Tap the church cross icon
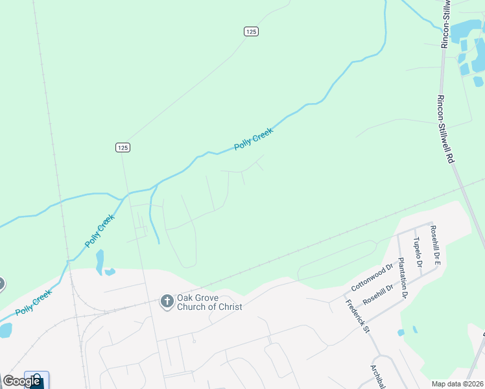tap(167, 301)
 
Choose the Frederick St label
tap(357, 316)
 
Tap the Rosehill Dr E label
tap(436, 244)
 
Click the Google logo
tap(22, 381)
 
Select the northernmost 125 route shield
tap(252, 31)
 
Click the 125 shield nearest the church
tap(123, 147)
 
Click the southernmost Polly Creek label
tap(34, 302)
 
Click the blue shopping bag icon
tap(36, 381)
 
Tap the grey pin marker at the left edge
tap(1, 284)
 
